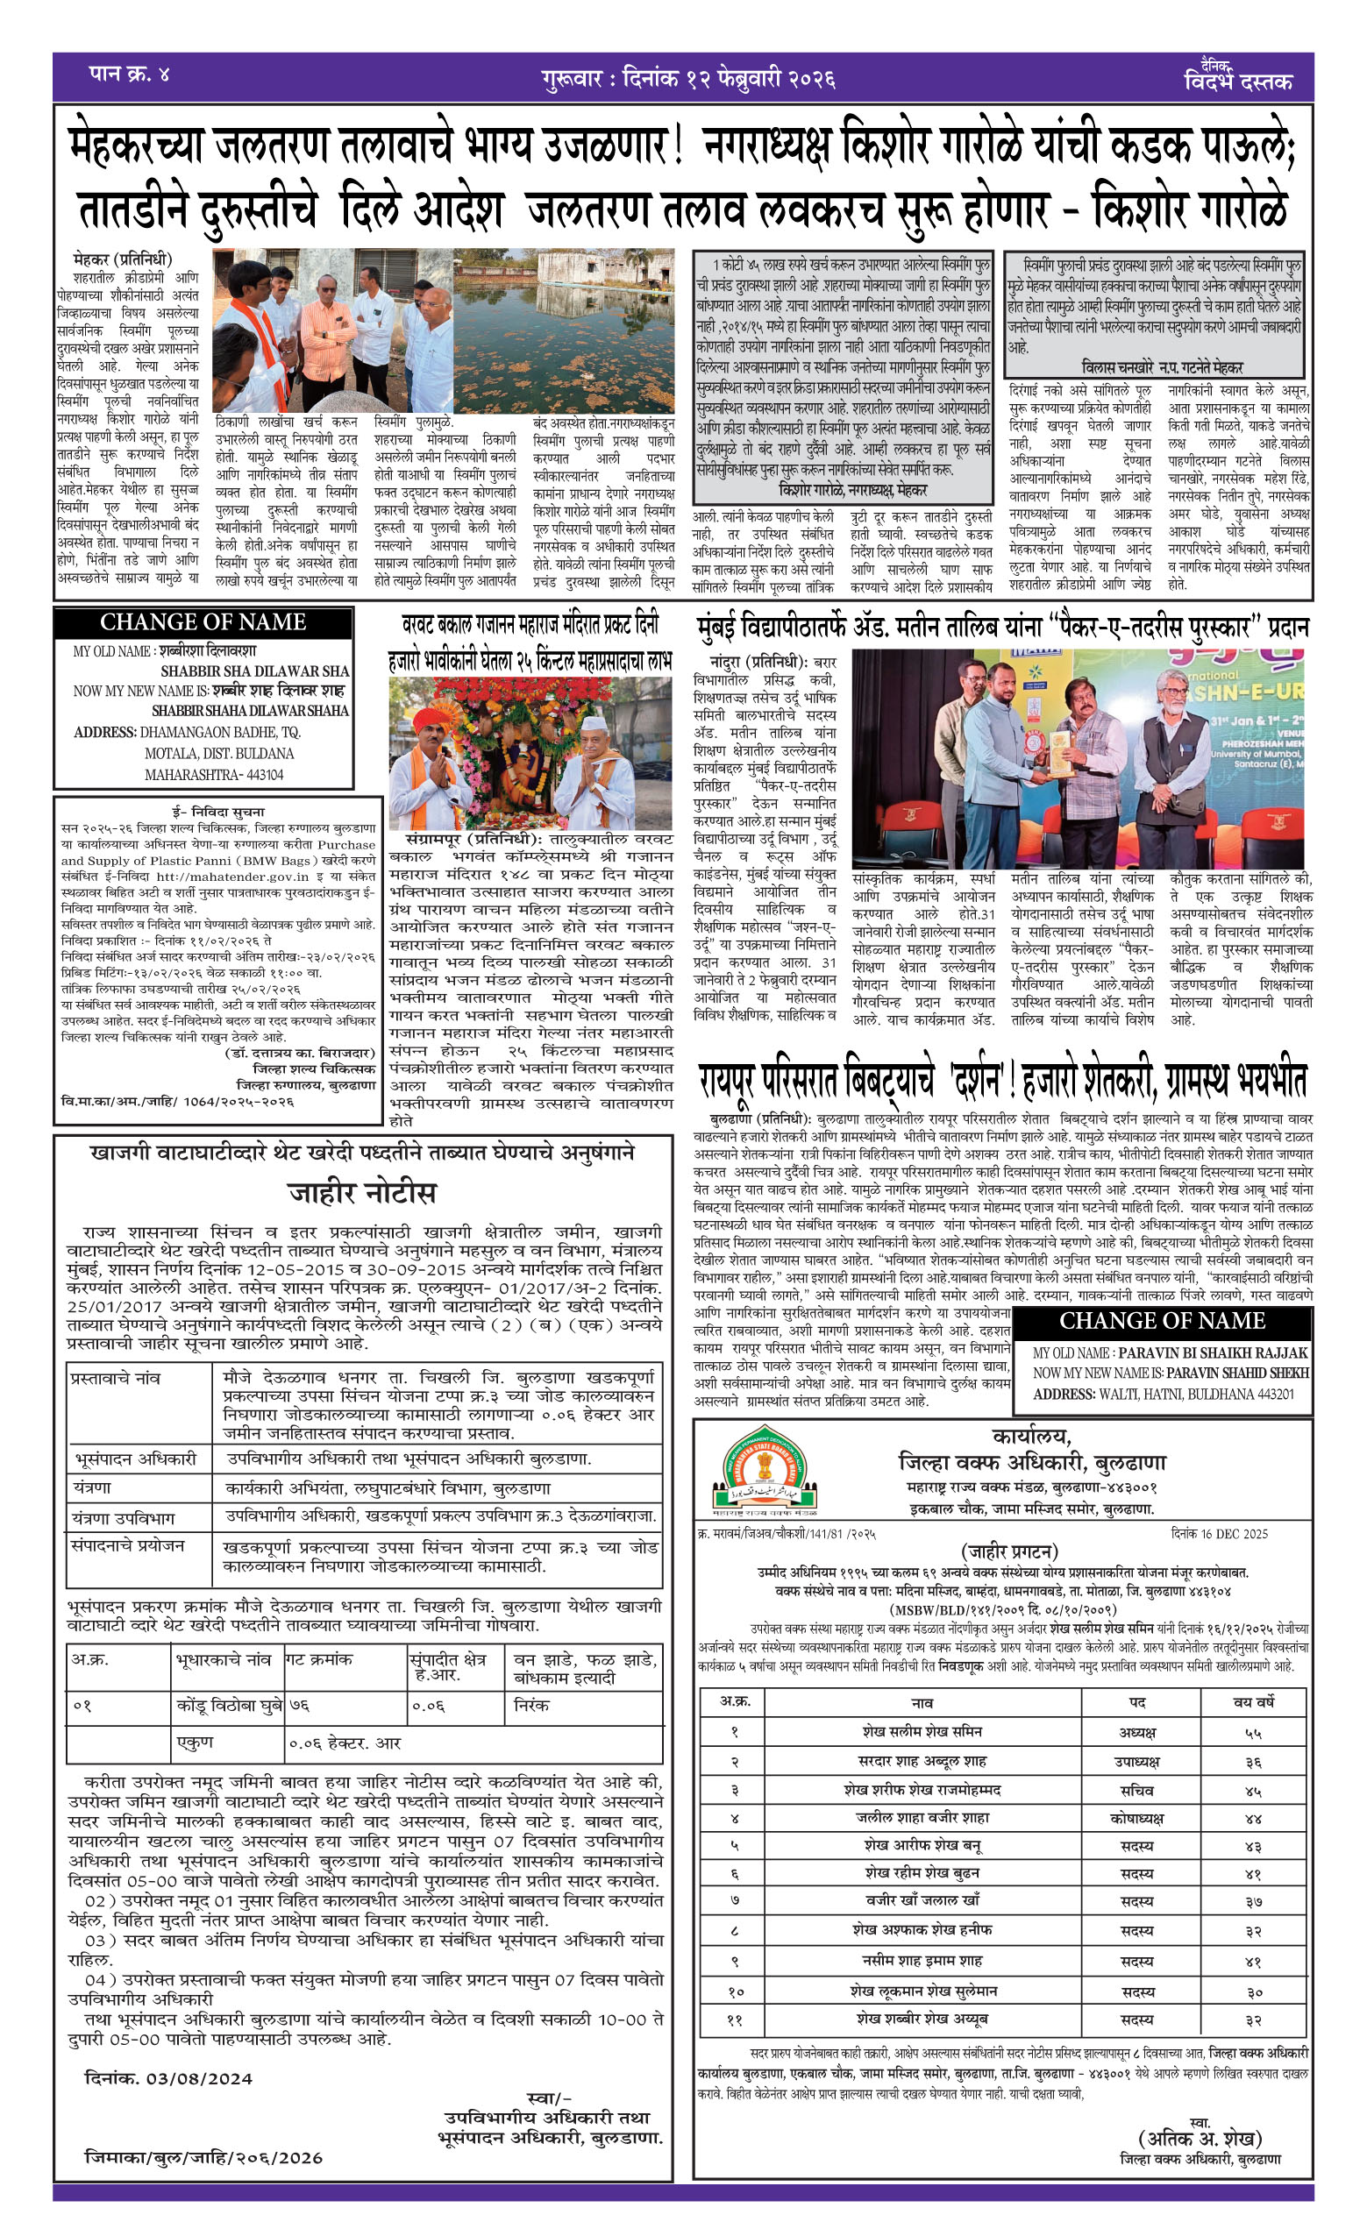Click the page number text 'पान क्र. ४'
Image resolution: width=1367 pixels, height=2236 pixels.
129,74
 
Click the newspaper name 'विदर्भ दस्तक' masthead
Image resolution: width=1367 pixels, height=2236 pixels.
1238,82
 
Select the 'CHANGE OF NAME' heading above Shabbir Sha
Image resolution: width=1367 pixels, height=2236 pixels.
203,622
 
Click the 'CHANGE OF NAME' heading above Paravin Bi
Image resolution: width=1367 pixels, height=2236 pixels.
1162,1320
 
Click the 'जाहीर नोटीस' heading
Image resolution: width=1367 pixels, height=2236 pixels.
363,1191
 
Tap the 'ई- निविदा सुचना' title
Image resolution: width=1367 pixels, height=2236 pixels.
218,813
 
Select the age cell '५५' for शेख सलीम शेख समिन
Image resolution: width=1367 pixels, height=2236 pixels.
1254,1733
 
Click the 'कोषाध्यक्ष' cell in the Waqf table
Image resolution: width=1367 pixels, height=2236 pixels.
1137,1820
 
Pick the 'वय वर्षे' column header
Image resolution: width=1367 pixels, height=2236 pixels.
1254,1703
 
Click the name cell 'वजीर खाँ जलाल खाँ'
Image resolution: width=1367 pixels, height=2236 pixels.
922,1899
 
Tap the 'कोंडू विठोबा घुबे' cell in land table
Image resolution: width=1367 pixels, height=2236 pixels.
230,1706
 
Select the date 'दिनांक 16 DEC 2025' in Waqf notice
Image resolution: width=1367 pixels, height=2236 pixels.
1233,1534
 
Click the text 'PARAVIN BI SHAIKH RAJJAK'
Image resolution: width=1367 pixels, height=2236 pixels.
1213,1353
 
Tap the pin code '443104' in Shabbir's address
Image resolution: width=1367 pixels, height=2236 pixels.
259,775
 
